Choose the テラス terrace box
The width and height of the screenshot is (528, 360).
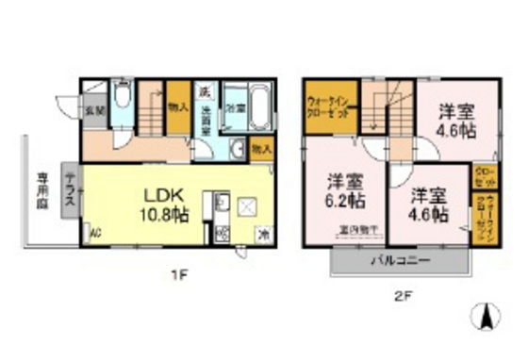click(71, 192)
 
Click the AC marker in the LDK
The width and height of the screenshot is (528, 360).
click(95, 231)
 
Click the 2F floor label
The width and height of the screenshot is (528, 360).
click(402, 295)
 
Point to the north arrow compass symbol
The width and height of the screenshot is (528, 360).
click(488, 319)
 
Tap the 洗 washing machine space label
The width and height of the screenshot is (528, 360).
click(203, 91)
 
